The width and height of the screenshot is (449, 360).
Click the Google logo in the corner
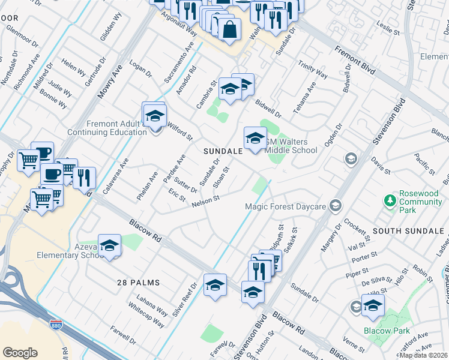tap(20, 353)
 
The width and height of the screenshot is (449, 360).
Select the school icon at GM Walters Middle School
tap(255, 139)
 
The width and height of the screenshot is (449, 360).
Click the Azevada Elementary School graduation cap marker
tap(109, 245)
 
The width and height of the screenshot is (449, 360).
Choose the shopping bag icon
tap(229, 29)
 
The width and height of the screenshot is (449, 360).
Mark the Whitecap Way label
tap(146, 314)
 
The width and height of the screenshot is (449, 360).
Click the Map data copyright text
tap(424, 355)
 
